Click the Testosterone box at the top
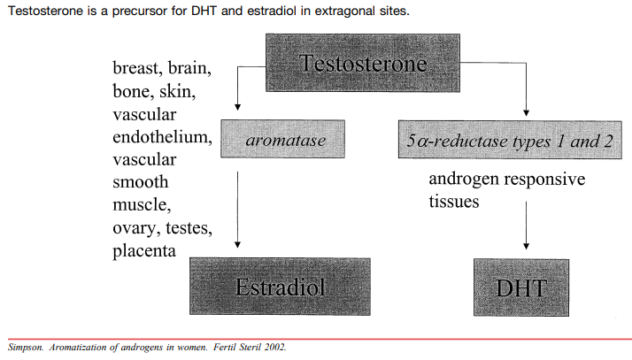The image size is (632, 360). point(363,64)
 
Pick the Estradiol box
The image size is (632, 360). point(281,287)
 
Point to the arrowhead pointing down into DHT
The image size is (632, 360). point(527,244)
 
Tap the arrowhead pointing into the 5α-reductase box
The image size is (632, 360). point(527,111)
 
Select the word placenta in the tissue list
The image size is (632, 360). point(144,251)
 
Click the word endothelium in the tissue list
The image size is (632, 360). point(162,136)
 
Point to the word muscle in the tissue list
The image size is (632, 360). point(140,205)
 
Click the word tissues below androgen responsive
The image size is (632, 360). point(454,202)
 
